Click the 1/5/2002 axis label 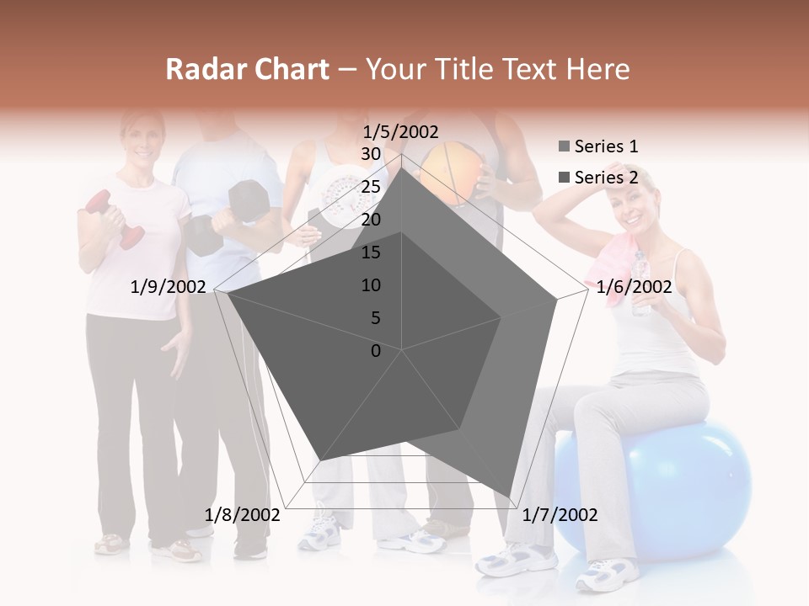[x=401, y=131]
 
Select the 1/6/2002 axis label [x=634, y=288]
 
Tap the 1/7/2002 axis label [x=560, y=515]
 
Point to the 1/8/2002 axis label [x=243, y=515]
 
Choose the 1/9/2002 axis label [x=169, y=288]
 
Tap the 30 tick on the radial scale [x=370, y=154]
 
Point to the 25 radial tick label [x=370, y=187]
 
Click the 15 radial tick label [x=370, y=252]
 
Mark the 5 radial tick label [x=375, y=318]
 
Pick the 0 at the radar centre [x=376, y=351]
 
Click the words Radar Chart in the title [x=247, y=70]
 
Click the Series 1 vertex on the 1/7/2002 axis [x=511, y=497]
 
